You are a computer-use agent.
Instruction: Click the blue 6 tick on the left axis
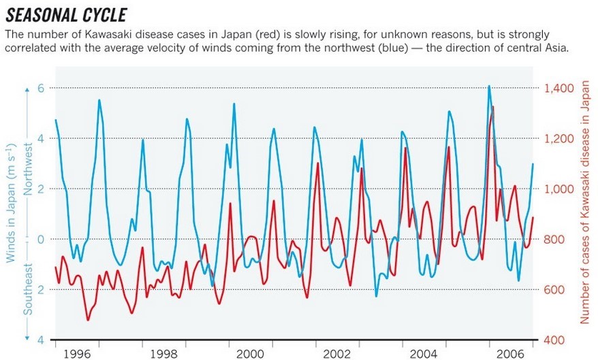coord(40,88)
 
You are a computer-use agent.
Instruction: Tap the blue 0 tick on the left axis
coord(40,240)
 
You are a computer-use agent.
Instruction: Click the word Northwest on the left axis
coord(29,168)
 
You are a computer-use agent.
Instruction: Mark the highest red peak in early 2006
coord(492,107)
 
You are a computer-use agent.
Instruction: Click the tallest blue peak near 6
coord(489,86)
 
